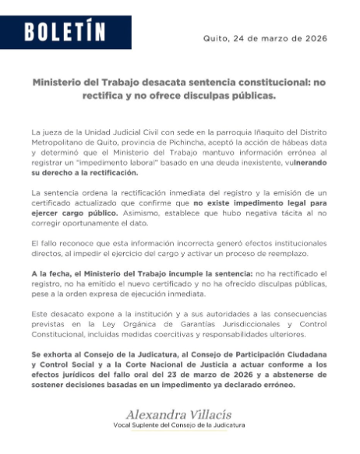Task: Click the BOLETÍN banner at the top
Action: tap(65, 32)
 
